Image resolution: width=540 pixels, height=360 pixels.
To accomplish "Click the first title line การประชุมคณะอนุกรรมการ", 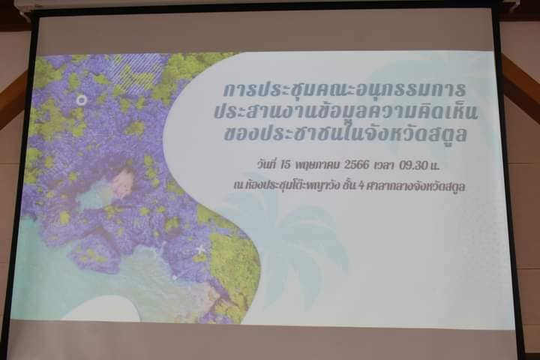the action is coord(344,89).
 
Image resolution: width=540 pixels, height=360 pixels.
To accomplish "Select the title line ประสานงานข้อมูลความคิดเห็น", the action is coord(346,112).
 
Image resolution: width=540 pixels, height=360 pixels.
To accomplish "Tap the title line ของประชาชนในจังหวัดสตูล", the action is coord(346,133).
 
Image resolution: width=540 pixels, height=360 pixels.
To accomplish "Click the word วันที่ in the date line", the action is coord(267,164).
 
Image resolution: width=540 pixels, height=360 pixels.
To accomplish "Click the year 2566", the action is coord(356,165).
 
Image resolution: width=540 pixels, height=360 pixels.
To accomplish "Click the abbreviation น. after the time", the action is coord(435,166).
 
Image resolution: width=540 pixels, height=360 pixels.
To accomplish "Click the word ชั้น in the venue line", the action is coord(349,185).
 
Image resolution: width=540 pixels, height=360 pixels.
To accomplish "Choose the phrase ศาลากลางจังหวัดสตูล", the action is coord(417,186).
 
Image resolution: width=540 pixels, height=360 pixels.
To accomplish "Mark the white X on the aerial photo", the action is coord(200,249).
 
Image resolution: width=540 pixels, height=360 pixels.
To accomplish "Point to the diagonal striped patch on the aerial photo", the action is coord(138,70).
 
